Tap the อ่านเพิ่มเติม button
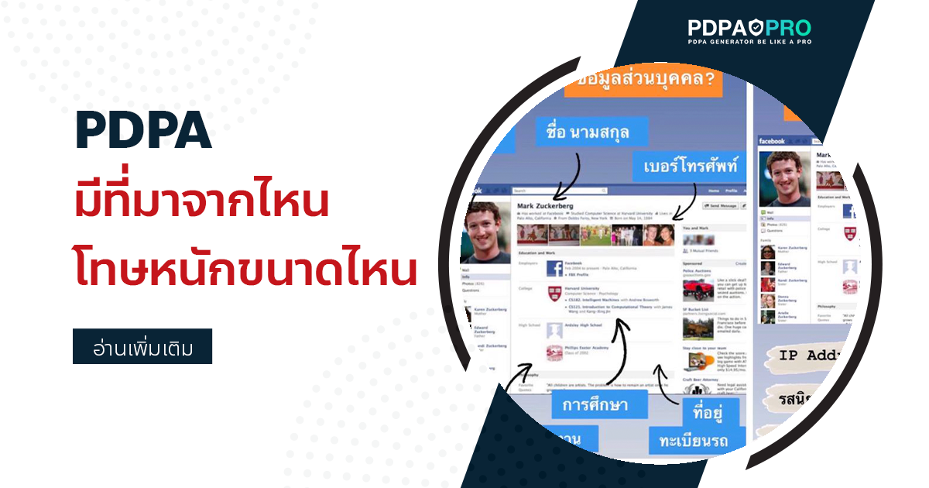tap(142, 347)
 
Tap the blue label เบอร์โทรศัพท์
tap(691, 165)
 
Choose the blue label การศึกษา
tap(594, 404)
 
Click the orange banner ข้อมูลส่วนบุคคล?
tap(643, 79)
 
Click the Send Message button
tap(722, 206)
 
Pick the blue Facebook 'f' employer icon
tap(554, 269)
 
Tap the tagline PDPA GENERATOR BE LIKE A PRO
tap(749, 43)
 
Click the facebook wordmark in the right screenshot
tap(772, 142)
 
